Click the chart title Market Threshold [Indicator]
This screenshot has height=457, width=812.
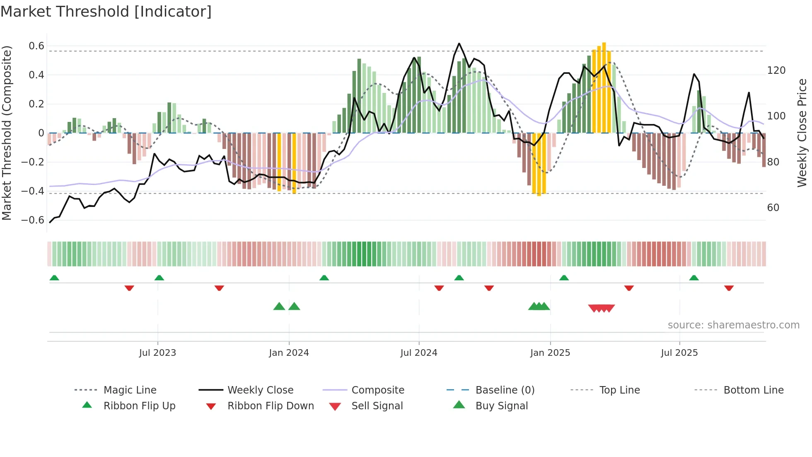(106, 12)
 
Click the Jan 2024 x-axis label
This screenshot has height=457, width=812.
(289, 353)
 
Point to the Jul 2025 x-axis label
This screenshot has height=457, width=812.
(679, 353)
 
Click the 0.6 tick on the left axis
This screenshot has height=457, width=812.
(36, 46)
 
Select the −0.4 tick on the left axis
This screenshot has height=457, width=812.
(33, 191)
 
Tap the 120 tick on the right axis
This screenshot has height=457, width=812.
(776, 70)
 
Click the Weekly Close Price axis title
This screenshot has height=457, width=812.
(802, 133)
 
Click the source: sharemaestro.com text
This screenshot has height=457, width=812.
(733, 325)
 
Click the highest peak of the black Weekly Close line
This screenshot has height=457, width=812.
(459, 44)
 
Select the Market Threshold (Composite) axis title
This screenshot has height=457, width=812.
(7, 133)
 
